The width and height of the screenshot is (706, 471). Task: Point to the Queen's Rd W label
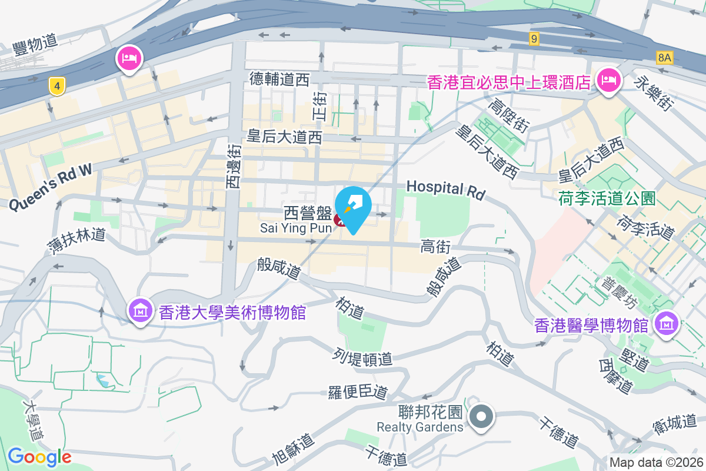pyautogui.click(x=51, y=186)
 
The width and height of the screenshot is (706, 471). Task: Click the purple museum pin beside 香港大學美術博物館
pyautogui.click(x=141, y=310)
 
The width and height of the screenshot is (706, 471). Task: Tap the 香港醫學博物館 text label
pyautogui.click(x=591, y=324)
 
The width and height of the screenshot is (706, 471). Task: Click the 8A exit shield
pyautogui.click(x=664, y=57)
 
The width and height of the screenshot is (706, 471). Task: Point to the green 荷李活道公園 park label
pyautogui.click(x=607, y=198)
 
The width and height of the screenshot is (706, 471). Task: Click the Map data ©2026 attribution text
pyautogui.click(x=655, y=462)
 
